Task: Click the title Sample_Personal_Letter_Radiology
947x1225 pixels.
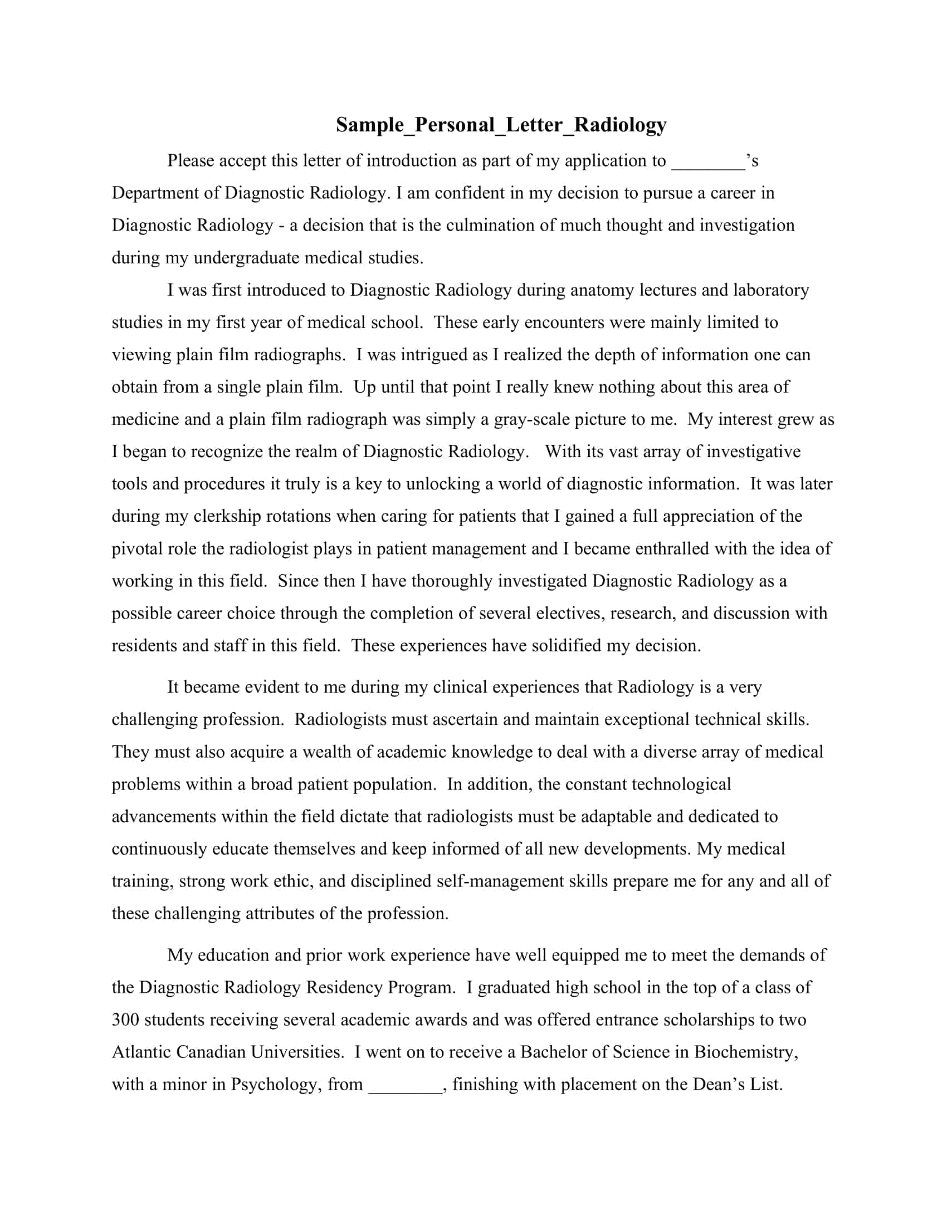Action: point(501,125)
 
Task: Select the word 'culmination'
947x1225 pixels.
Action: point(490,226)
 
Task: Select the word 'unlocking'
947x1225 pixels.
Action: point(443,484)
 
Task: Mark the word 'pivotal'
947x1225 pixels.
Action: point(137,548)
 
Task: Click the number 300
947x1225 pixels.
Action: point(125,1020)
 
